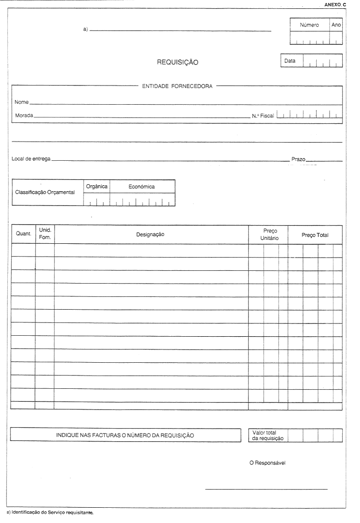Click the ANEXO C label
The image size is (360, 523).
tap(335, 4)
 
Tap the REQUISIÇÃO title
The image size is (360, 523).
tap(178, 62)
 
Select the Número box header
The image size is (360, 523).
tap(309, 25)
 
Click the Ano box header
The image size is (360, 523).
tap(336, 25)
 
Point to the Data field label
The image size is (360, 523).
tap(290, 61)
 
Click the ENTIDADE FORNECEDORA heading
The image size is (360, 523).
tap(177, 87)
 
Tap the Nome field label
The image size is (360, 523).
tap(22, 102)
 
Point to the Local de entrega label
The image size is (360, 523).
tap(31, 159)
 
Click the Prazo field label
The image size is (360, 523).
tap(298, 159)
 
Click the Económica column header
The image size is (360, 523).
tap(142, 187)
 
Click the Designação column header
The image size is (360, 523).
tap(150, 234)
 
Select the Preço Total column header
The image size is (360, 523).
tap(315, 235)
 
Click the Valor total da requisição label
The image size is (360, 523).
tap(268, 435)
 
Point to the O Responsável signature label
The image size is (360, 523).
tap(268, 463)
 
